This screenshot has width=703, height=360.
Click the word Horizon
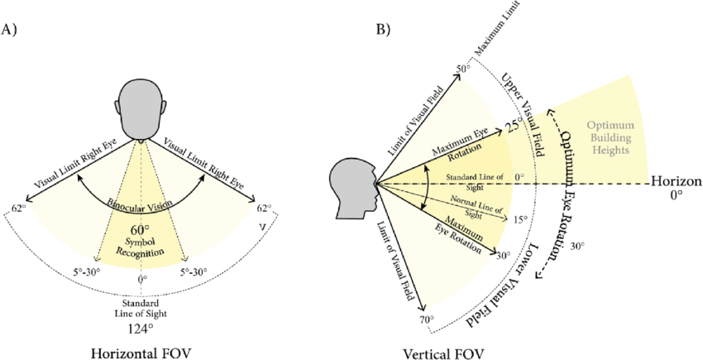(676, 181)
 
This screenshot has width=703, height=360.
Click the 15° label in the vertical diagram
(519, 219)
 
